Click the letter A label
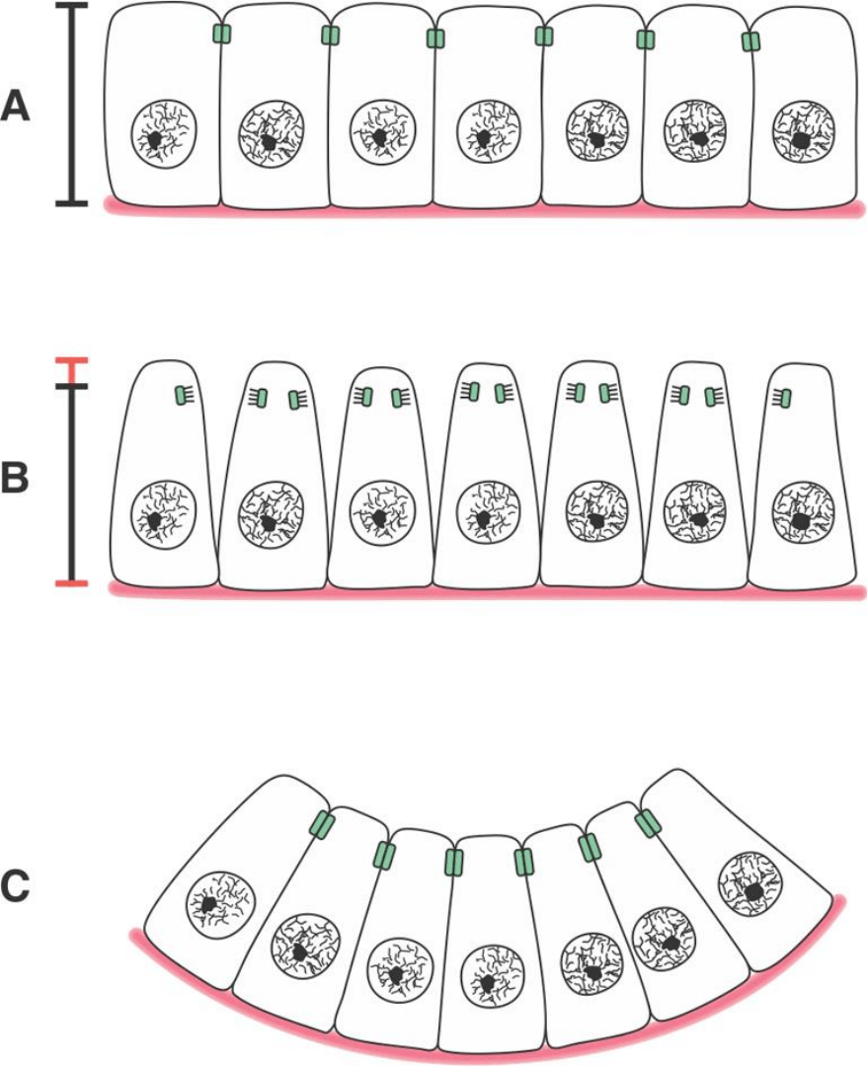[x=19, y=107]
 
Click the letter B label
[x=19, y=477]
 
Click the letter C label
[x=19, y=886]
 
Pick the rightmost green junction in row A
[x=751, y=41]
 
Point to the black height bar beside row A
[x=71, y=104]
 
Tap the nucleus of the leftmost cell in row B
[x=164, y=509]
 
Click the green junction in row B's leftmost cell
[x=180, y=396]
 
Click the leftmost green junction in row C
[x=322, y=824]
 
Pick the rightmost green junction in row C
[x=647, y=822]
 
